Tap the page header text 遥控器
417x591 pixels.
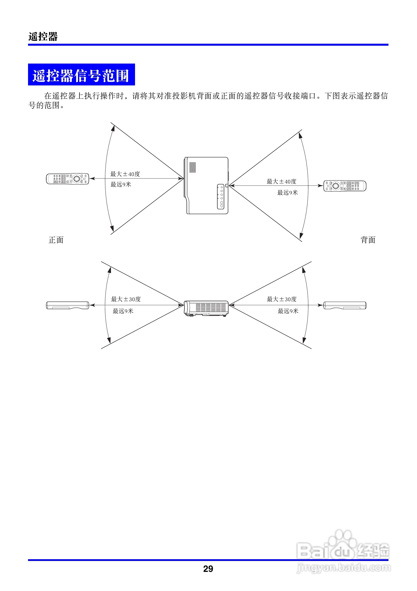[x=43, y=37]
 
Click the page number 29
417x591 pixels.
[x=208, y=569]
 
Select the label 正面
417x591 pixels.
[x=56, y=240]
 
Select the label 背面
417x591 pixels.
[x=368, y=240]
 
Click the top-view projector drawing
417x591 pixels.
[x=206, y=185]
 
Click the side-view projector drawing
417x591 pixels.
[x=206, y=308]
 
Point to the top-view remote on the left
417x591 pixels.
[x=68, y=179]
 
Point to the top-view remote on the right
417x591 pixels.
[x=345, y=185]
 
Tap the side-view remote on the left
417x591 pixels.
[x=68, y=305]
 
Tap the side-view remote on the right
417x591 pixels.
[x=345, y=305]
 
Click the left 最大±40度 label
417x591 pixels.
[x=125, y=174]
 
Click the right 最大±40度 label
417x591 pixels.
[x=281, y=182]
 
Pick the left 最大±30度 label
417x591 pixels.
[x=126, y=299]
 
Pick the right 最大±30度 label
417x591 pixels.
[x=282, y=299]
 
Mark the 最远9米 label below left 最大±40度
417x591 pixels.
[x=121, y=184]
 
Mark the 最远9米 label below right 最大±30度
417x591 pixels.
[x=288, y=311]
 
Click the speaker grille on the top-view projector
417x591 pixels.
[x=193, y=167]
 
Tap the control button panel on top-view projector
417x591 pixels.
[x=221, y=196]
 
